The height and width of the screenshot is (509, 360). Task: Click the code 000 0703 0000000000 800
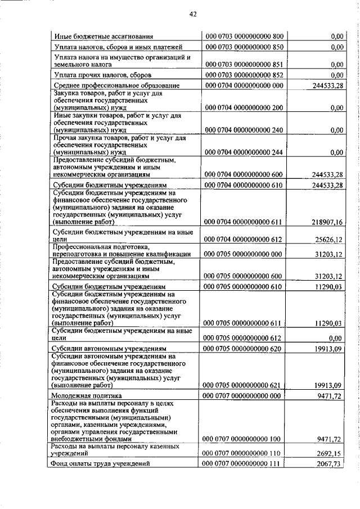pos(244,37)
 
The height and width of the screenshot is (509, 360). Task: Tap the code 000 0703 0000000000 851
pos(244,65)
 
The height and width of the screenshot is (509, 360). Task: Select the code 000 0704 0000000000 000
pos(244,85)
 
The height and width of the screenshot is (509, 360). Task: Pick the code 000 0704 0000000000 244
pos(244,152)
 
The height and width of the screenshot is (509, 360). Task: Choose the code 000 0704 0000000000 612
pos(244,240)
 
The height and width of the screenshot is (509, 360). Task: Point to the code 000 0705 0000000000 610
pos(244,286)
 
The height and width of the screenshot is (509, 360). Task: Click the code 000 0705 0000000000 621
pos(244,385)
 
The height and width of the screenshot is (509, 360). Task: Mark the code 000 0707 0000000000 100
pos(244,439)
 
